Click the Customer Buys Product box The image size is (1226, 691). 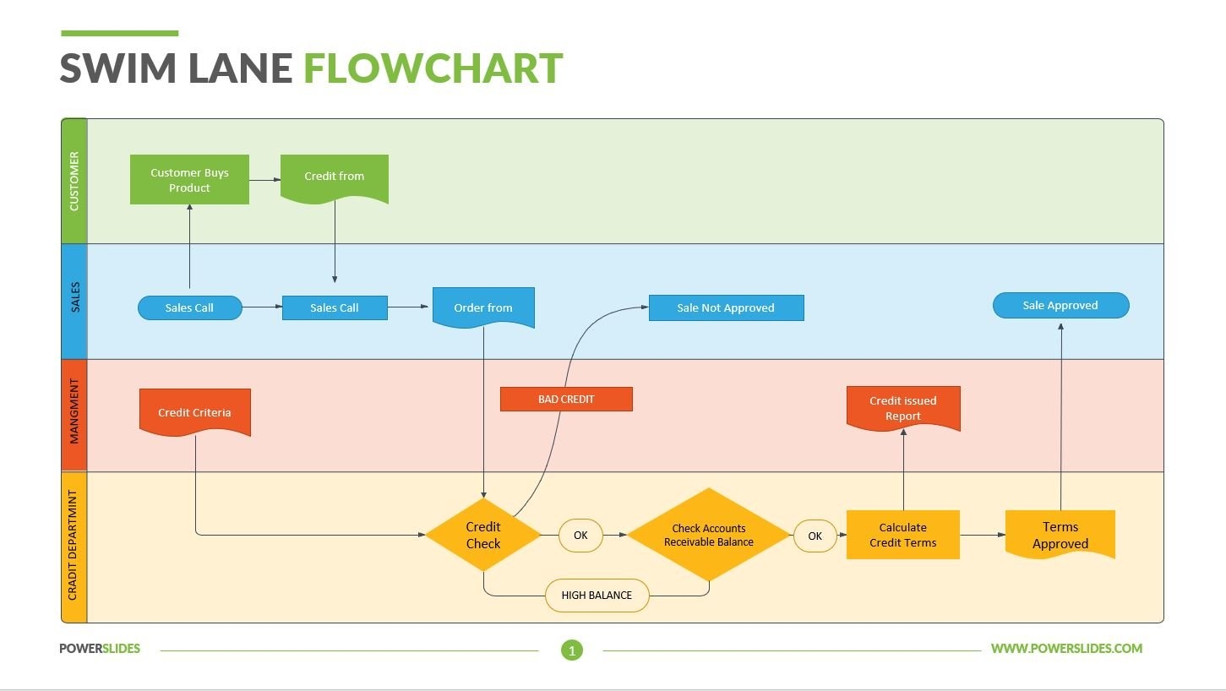click(x=189, y=179)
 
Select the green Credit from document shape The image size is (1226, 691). click(x=335, y=177)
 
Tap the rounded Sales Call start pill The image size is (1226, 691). click(x=189, y=307)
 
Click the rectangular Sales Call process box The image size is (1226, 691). click(x=335, y=307)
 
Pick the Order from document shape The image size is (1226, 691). click(x=483, y=307)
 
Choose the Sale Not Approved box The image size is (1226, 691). click(x=726, y=307)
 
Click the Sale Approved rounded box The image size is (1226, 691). click(x=1060, y=305)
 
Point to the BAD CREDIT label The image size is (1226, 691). click(x=566, y=399)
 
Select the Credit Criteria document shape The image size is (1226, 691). click(x=194, y=411)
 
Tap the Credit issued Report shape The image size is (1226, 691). click(x=903, y=408)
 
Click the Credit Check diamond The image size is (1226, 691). click(x=483, y=535)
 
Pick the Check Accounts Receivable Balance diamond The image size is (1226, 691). click(x=708, y=535)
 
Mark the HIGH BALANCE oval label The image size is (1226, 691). click(x=597, y=595)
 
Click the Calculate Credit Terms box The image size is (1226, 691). click(x=903, y=535)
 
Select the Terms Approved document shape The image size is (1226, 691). click(x=1060, y=535)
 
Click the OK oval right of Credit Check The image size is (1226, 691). click(x=580, y=535)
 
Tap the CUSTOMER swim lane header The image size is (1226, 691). click(x=74, y=181)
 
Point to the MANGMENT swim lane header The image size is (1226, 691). click(x=74, y=415)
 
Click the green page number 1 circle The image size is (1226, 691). click(x=572, y=650)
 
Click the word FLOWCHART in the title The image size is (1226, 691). click(x=433, y=68)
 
